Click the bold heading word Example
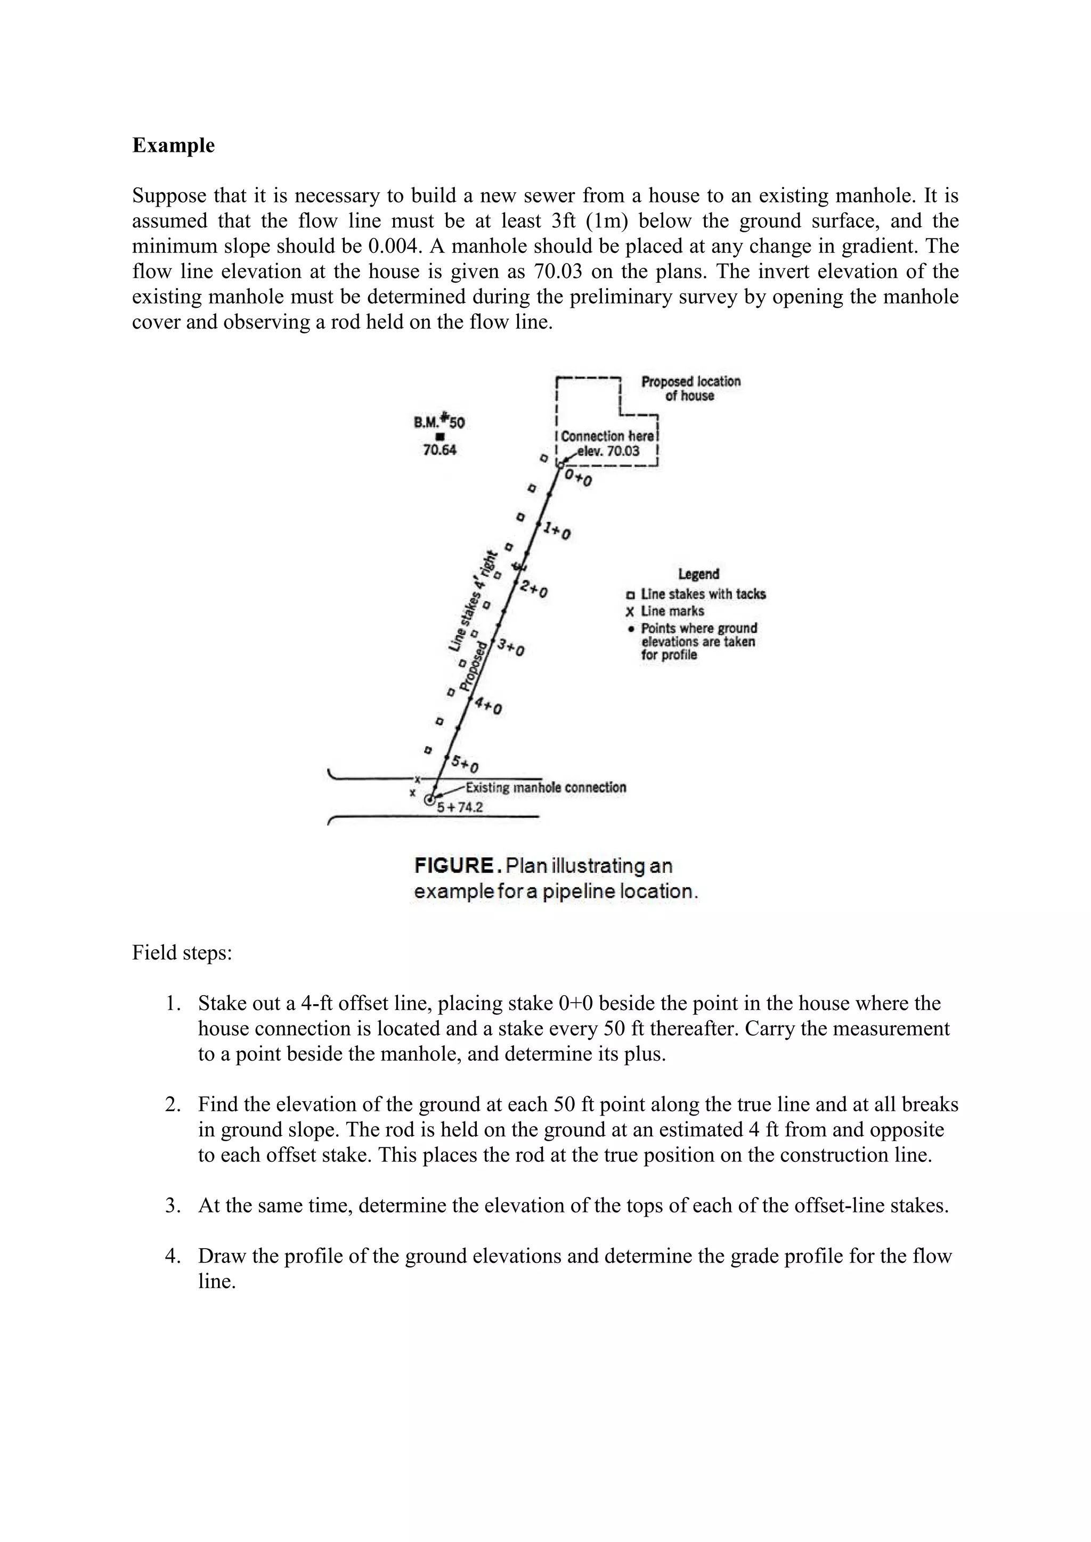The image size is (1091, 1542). point(173,146)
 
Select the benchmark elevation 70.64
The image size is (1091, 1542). point(439,450)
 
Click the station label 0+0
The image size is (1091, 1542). point(578,479)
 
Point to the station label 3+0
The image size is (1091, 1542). point(511,647)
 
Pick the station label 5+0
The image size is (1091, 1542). point(465,764)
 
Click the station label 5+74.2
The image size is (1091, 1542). point(460,807)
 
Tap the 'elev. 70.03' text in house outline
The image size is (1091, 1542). point(608,450)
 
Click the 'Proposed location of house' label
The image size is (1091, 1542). point(690,388)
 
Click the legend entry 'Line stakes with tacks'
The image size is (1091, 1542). point(703,594)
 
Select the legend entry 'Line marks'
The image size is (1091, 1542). point(672,611)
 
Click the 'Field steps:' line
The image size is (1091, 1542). point(182,953)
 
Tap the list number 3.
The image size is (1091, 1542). point(173,1205)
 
